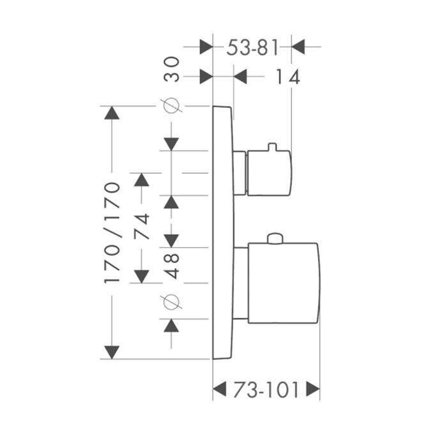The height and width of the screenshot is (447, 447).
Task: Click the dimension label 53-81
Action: [252, 48]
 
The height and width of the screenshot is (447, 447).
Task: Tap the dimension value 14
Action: [287, 77]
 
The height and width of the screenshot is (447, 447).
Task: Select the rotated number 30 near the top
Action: [171, 69]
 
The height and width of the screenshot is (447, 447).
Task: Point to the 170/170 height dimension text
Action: [112, 232]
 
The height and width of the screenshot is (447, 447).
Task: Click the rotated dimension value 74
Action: [142, 226]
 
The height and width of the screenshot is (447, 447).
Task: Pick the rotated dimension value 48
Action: [172, 266]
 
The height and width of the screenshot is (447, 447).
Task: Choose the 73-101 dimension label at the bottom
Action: [266, 390]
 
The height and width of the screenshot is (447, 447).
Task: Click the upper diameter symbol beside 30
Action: [171, 105]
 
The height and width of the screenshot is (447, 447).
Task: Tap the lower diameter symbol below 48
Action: [171, 302]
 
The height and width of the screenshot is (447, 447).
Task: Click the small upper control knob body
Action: [269, 173]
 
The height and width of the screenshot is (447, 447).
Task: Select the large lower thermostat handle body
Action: [284, 283]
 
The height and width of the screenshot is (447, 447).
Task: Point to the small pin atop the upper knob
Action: [273, 146]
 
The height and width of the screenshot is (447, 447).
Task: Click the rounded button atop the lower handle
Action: [275, 239]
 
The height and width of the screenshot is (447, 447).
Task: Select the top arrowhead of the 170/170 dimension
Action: [112, 112]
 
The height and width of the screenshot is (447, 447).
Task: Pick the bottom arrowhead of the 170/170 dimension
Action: [112, 352]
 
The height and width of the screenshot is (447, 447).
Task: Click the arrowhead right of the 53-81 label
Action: [298, 47]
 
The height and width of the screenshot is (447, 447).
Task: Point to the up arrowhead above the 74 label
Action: [142, 179]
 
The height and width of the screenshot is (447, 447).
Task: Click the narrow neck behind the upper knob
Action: [239, 173]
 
